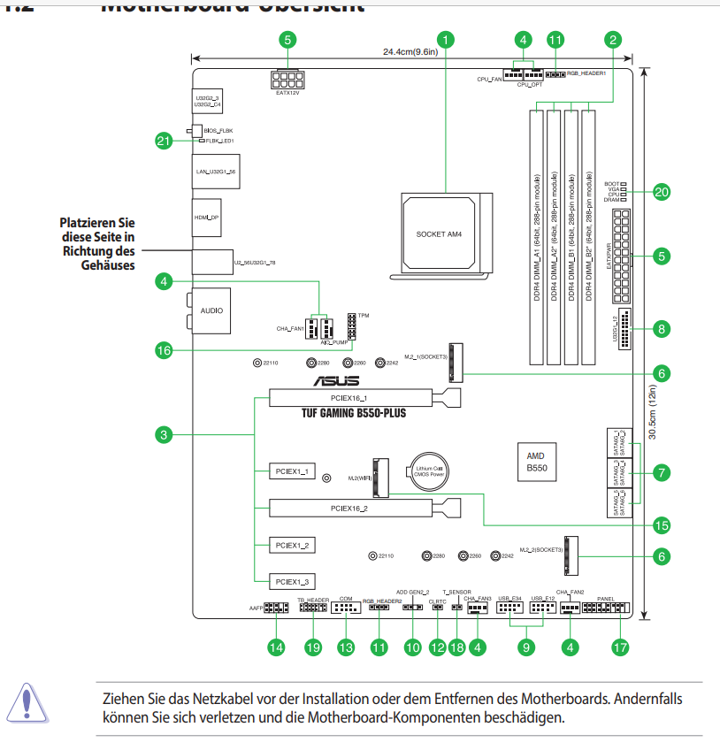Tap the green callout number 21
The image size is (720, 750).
(x=163, y=141)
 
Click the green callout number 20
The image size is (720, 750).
(x=661, y=192)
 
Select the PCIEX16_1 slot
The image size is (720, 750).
(x=354, y=399)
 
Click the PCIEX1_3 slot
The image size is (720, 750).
(x=291, y=581)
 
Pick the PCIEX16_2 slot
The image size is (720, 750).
(x=354, y=509)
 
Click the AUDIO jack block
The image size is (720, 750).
(x=211, y=310)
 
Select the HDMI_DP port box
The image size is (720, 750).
(x=207, y=216)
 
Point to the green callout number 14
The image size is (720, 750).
(x=278, y=647)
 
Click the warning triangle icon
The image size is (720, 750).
(x=28, y=700)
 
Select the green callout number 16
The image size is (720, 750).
(x=163, y=351)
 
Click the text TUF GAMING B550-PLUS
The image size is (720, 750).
(x=353, y=413)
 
